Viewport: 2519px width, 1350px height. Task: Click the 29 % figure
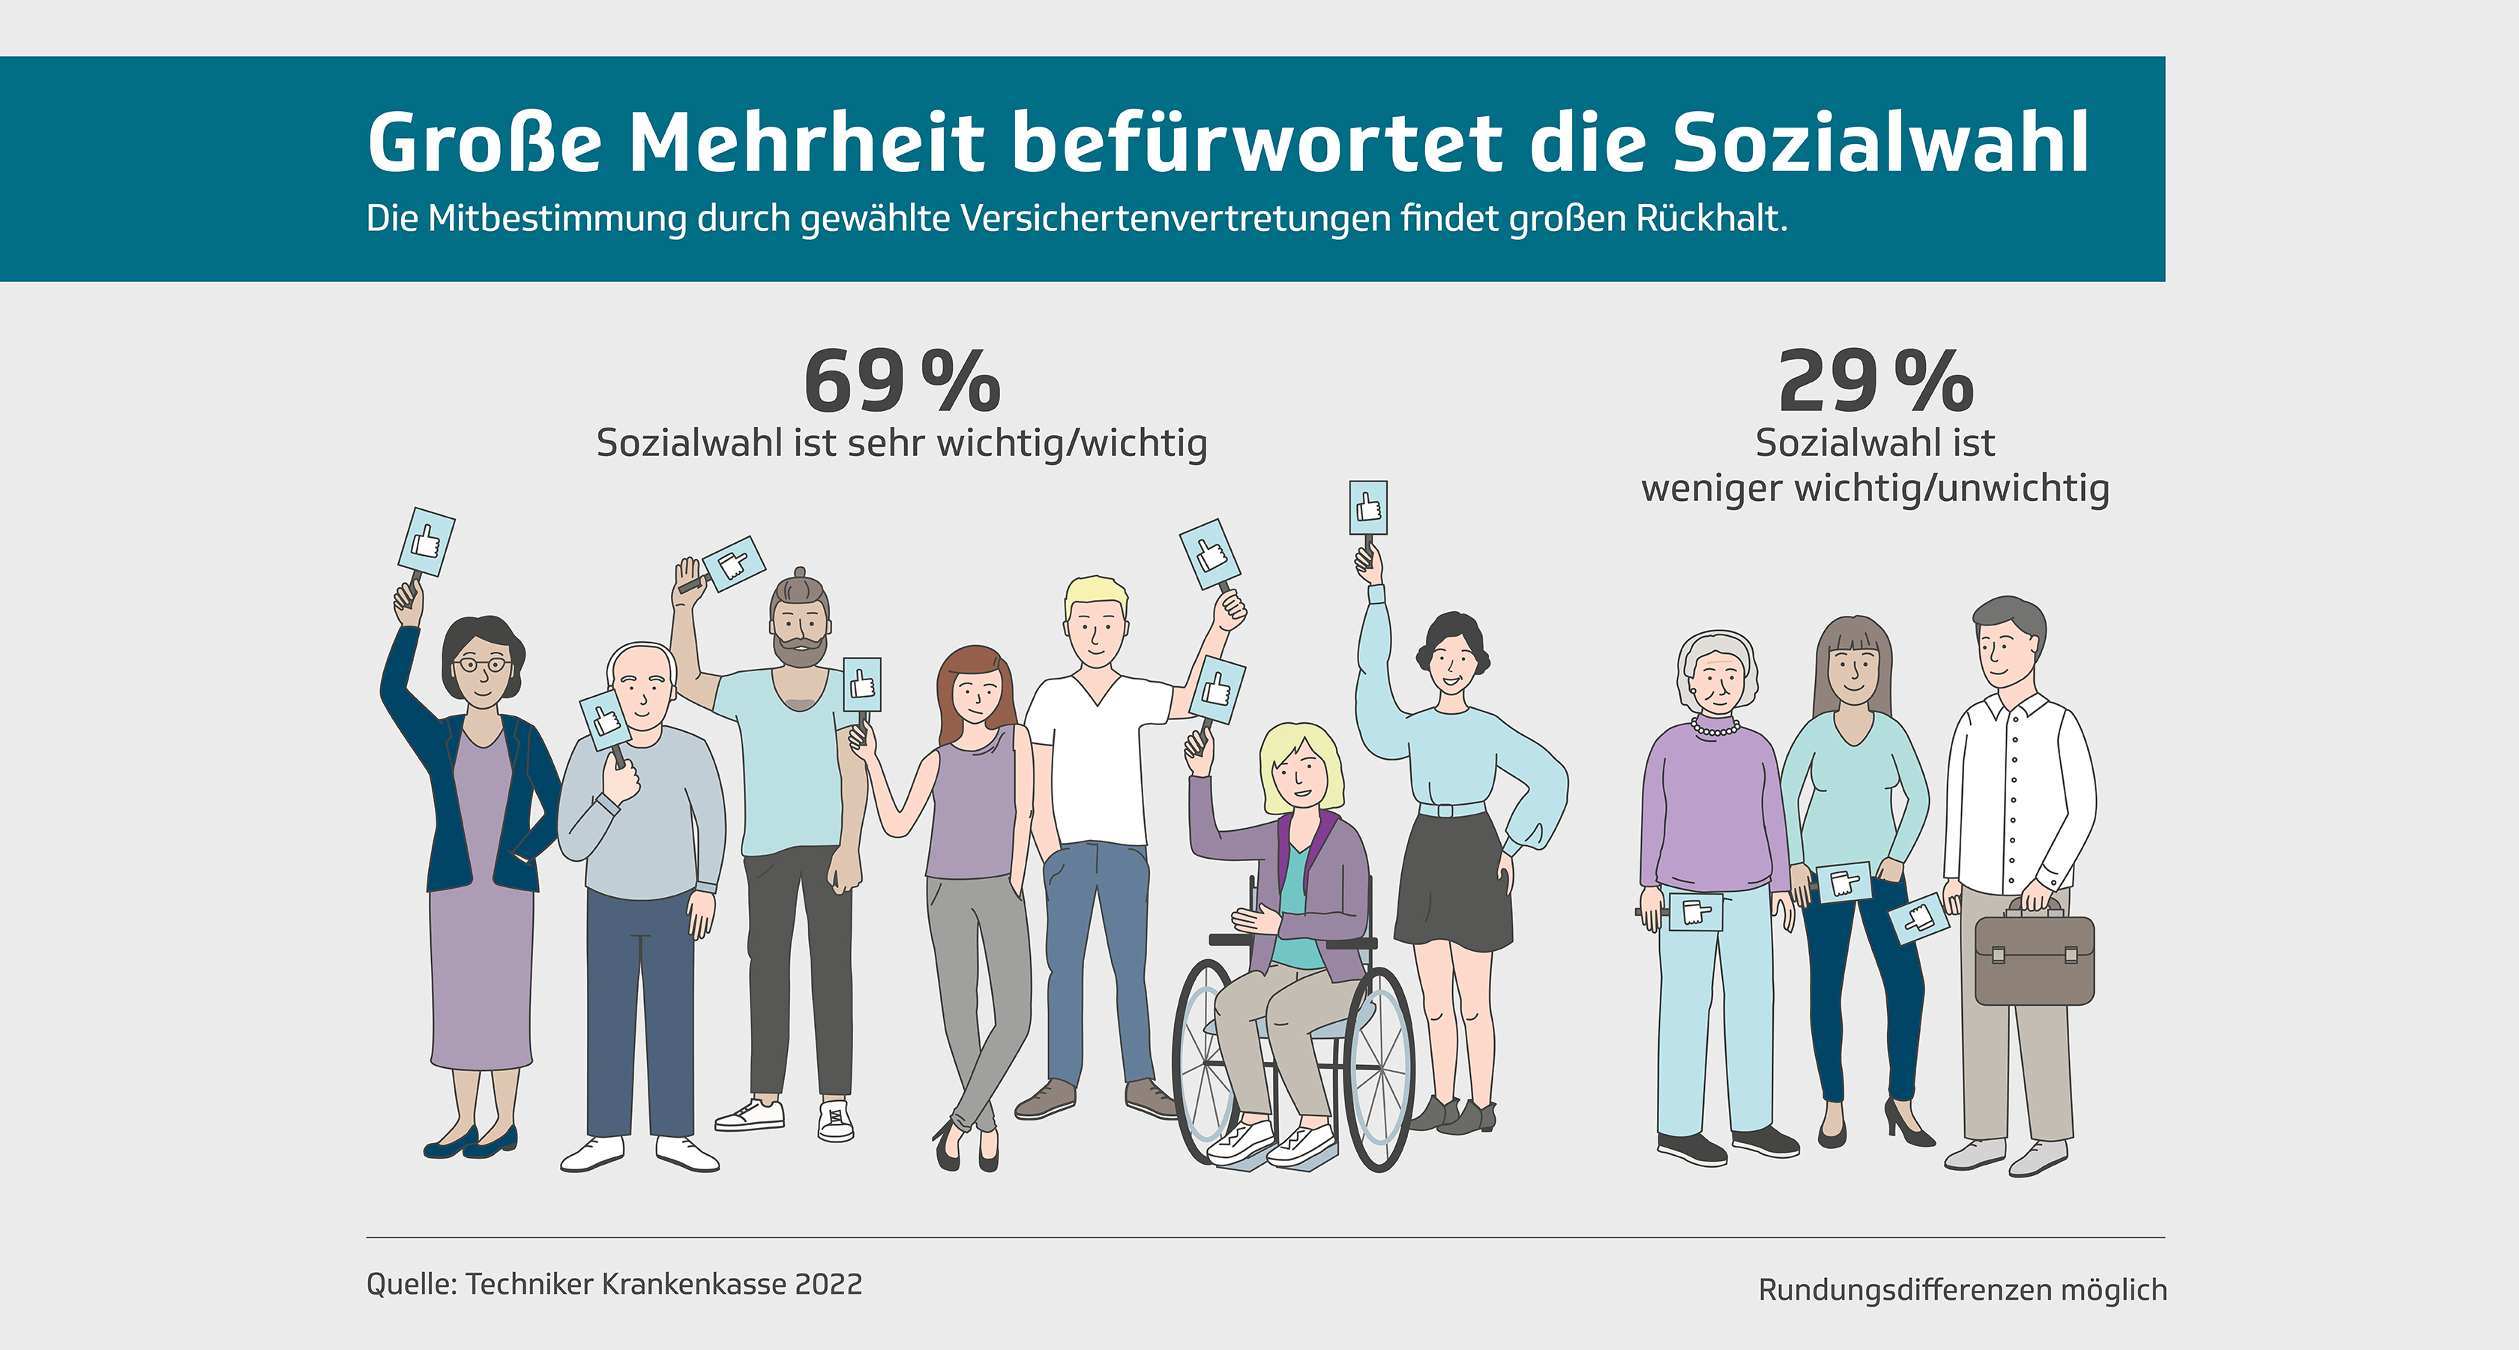(x=1874, y=382)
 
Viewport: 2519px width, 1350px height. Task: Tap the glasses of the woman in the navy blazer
(x=481, y=665)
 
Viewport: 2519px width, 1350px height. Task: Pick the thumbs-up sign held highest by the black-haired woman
(x=1368, y=508)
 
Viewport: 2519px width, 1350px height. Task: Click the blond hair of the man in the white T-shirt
(x=1095, y=592)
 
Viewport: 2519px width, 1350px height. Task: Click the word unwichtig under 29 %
(x=2023, y=487)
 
